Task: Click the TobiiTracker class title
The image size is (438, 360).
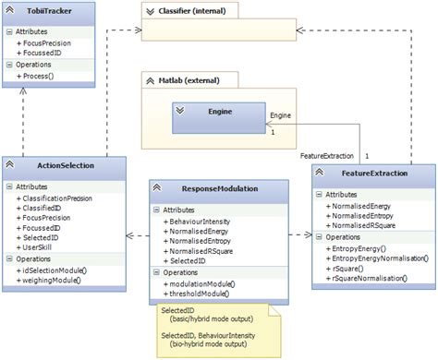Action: (x=53, y=13)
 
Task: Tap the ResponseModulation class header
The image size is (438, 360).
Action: (x=205, y=188)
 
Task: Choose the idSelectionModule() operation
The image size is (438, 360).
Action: (x=53, y=269)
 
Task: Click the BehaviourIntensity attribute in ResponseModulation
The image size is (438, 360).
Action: (x=200, y=222)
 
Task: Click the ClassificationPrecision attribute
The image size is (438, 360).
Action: (x=56, y=198)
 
